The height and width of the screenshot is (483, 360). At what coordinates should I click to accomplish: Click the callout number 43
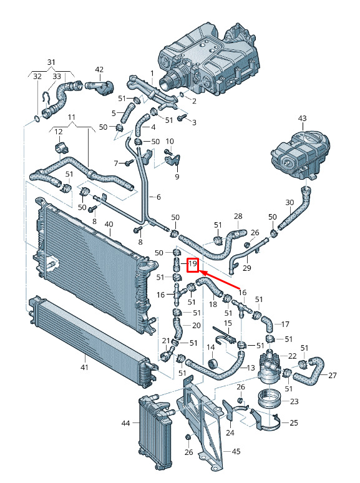(x=303, y=119)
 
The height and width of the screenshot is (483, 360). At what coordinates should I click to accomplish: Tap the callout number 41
(x=84, y=367)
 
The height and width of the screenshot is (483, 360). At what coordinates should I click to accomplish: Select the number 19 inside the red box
(x=193, y=264)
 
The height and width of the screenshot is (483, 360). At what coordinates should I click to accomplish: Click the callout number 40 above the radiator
(x=109, y=224)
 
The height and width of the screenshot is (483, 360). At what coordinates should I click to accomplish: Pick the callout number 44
(x=125, y=423)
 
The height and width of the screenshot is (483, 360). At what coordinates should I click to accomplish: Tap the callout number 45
(x=236, y=452)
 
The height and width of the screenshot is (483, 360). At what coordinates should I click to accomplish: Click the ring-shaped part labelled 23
(x=268, y=399)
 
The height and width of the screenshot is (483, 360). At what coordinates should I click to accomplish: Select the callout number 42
(x=99, y=70)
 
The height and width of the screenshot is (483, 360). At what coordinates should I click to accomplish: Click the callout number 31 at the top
(x=51, y=62)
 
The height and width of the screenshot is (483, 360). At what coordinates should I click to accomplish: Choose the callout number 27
(x=333, y=375)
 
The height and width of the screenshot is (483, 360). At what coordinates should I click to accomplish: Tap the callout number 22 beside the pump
(x=292, y=356)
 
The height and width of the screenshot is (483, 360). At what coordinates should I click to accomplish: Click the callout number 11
(x=72, y=117)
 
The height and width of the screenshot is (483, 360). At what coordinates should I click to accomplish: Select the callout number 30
(x=289, y=202)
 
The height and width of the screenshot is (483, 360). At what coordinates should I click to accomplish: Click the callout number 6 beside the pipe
(x=158, y=197)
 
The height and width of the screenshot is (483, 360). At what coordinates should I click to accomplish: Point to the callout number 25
(x=294, y=422)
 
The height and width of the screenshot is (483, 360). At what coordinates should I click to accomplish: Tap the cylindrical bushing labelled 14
(x=212, y=363)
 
